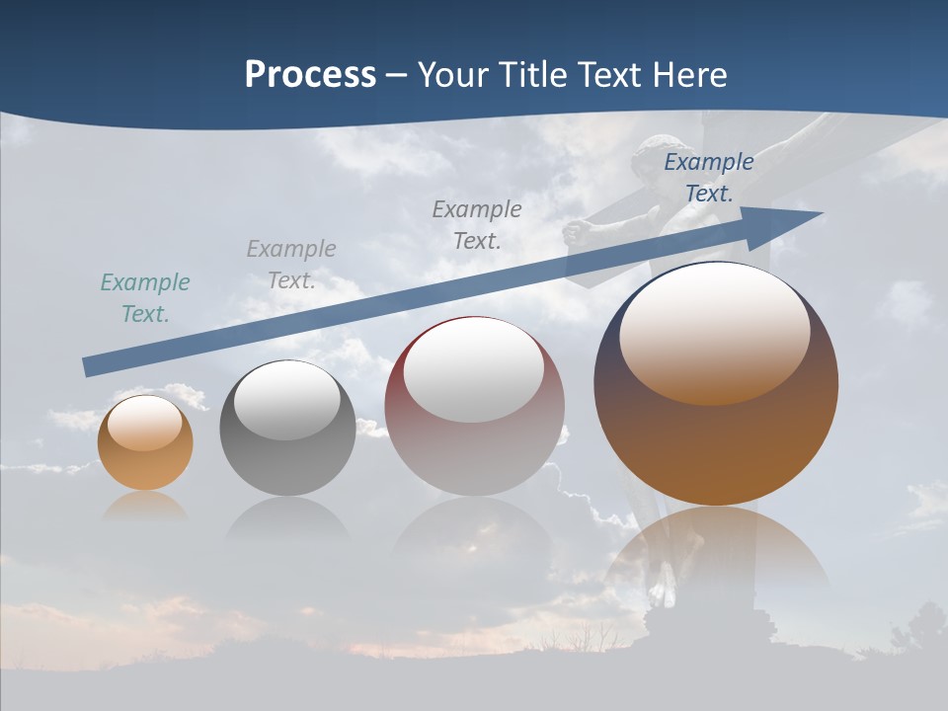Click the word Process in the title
pyautogui.click(x=310, y=75)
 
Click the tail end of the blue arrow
pyautogui.click(x=89, y=366)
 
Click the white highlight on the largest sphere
pyautogui.click(x=714, y=331)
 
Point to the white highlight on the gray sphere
pyautogui.click(x=287, y=400)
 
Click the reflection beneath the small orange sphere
pyautogui.click(x=145, y=506)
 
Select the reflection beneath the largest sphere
pyautogui.click(x=716, y=553)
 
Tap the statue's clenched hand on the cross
pyautogui.click(x=575, y=233)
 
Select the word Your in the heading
pyautogui.click(x=453, y=75)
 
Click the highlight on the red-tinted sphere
pyautogui.click(x=474, y=370)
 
